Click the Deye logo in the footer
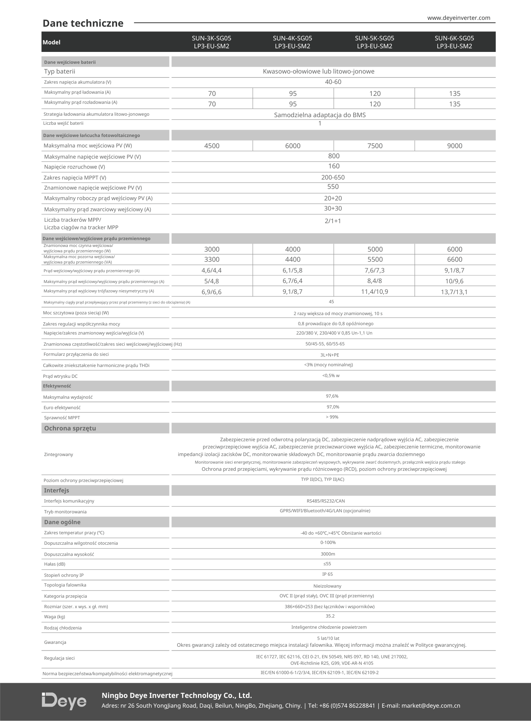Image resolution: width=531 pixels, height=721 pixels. (x=64, y=700)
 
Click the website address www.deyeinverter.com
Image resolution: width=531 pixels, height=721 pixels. (x=459, y=18)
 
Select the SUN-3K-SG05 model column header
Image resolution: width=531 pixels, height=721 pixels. (x=212, y=42)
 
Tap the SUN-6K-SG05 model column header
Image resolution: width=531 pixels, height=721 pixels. (x=454, y=42)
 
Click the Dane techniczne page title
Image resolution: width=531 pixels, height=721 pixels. (x=83, y=23)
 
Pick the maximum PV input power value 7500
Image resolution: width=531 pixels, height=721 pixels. (x=375, y=146)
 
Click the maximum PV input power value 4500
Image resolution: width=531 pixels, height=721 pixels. (x=212, y=146)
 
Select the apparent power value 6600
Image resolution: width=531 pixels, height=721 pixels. (x=455, y=260)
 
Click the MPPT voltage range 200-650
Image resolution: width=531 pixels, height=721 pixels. (x=333, y=177)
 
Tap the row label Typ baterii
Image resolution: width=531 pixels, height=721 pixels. (x=59, y=71)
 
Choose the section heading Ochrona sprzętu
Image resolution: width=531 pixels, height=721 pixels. (x=70, y=428)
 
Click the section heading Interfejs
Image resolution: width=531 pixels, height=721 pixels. (x=57, y=490)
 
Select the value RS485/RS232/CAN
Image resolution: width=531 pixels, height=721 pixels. (x=326, y=501)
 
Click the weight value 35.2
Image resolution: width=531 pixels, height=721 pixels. (x=330, y=616)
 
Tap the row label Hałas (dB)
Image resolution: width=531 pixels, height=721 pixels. (x=55, y=564)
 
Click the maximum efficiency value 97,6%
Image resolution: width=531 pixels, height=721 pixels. (x=332, y=396)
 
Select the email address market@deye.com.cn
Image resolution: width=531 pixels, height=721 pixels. (x=431, y=705)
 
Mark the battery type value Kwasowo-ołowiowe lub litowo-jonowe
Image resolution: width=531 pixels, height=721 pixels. (x=319, y=71)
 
